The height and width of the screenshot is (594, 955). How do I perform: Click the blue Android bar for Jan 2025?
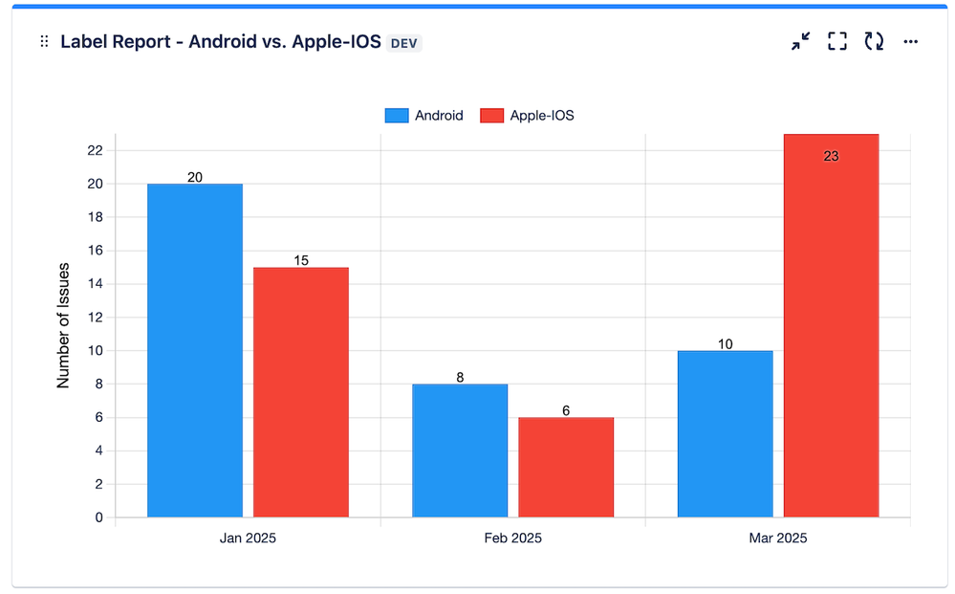[x=195, y=350]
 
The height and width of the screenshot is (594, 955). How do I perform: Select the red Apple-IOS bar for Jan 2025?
[x=301, y=392]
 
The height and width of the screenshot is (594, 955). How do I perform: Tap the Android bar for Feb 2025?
[x=460, y=451]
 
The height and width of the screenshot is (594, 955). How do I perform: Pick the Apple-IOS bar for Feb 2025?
[x=566, y=467]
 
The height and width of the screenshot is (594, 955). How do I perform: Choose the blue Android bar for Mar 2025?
[x=725, y=433]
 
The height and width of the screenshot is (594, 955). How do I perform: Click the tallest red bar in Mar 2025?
[x=831, y=325]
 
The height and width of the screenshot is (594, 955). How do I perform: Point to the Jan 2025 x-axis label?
[x=248, y=538]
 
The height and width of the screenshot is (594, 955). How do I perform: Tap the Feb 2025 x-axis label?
[x=512, y=538]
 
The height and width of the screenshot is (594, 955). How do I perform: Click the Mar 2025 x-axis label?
[x=777, y=538]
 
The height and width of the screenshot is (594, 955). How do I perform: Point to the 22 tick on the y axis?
[x=95, y=150]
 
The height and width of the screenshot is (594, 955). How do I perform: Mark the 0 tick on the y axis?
[x=98, y=517]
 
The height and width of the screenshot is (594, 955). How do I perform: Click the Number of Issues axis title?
[x=64, y=324]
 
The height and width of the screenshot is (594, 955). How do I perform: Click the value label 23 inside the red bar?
[x=831, y=156]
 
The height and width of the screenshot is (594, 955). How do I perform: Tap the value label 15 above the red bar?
[x=301, y=260]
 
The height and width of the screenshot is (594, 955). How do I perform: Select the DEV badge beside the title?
[x=405, y=43]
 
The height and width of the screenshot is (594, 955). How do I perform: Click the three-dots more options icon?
[x=910, y=42]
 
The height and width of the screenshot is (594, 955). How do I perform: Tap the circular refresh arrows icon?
[x=874, y=41]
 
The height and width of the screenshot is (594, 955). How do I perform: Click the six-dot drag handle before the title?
[x=44, y=42]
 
